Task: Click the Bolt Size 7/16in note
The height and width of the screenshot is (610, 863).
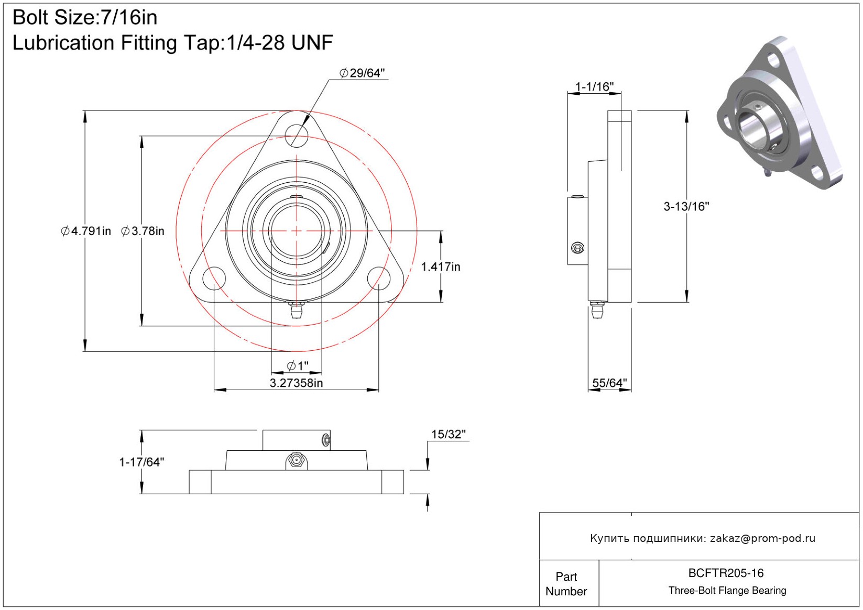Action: [x=85, y=18]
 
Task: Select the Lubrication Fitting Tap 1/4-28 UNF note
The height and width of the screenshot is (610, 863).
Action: [x=172, y=43]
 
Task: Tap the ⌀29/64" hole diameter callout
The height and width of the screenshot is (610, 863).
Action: [x=362, y=73]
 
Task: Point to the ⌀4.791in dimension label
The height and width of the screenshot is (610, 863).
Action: [x=86, y=231]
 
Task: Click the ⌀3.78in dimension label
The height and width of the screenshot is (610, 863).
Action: [x=143, y=231]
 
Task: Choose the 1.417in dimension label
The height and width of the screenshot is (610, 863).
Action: [x=441, y=267]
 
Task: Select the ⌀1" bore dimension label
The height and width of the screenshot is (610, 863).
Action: [x=298, y=365]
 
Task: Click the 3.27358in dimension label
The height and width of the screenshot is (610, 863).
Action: [x=296, y=383]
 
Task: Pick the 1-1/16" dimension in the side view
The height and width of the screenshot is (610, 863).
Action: [x=594, y=87]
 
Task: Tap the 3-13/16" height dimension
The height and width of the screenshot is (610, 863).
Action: [x=686, y=206]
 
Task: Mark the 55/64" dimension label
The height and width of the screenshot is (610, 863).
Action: [x=609, y=383]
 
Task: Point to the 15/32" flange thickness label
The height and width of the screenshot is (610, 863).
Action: [x=449, y=434]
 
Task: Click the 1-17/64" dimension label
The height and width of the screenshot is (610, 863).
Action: [x=141, y=462]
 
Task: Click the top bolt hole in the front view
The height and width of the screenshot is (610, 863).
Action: [x=297, y=135]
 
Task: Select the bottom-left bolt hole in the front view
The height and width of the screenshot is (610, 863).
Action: [x=214, y=278]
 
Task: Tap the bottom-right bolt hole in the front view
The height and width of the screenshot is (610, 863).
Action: [x=379, y=278]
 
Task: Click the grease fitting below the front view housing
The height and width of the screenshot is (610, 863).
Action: [x=297, y=309]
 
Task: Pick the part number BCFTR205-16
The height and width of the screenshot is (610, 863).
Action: [x=726, y=573]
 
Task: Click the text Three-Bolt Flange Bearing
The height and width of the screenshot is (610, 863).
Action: [x=727, y=591]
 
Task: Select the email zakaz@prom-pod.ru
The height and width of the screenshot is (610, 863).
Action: [x=762, y=538]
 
